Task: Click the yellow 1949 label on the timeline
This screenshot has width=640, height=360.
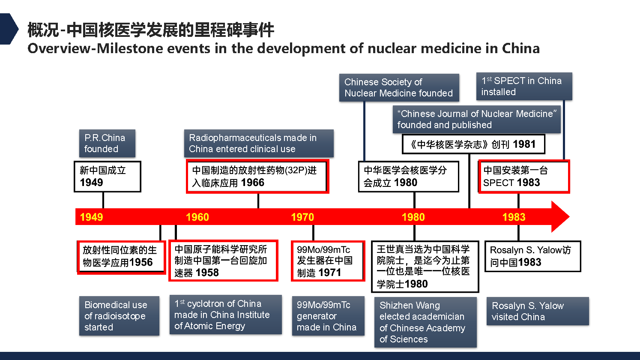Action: (91, 217)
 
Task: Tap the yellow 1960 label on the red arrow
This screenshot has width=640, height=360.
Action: (197, 217)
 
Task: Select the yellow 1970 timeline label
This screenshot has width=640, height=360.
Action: (302, 217)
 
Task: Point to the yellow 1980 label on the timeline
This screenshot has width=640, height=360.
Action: (413, 217)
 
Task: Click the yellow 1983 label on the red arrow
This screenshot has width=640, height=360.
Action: (514, 217)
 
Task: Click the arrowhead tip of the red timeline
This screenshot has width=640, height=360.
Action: (569, 216)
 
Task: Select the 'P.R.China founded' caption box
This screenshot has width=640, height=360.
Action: (107, 143)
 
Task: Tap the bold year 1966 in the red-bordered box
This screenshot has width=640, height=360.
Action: (253, 183)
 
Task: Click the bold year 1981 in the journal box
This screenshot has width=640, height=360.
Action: (524, 144)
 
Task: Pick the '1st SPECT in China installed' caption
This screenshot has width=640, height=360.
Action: (524, 86)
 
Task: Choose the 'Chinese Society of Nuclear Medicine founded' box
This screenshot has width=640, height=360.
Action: (399, 87)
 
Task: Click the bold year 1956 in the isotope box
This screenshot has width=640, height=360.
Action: (141, 262)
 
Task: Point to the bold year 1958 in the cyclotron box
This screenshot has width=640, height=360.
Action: (207, 273)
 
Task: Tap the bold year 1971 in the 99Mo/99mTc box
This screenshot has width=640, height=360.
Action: (329, 273)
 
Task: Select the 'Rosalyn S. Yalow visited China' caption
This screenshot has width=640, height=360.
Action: (538, 311)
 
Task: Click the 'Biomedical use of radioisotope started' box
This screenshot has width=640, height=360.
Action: (119, 316)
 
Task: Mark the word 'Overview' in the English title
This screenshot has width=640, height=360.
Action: (59, 48)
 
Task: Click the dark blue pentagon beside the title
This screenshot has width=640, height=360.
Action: (9, 29)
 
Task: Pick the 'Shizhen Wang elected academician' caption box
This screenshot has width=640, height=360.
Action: (425, 322)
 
